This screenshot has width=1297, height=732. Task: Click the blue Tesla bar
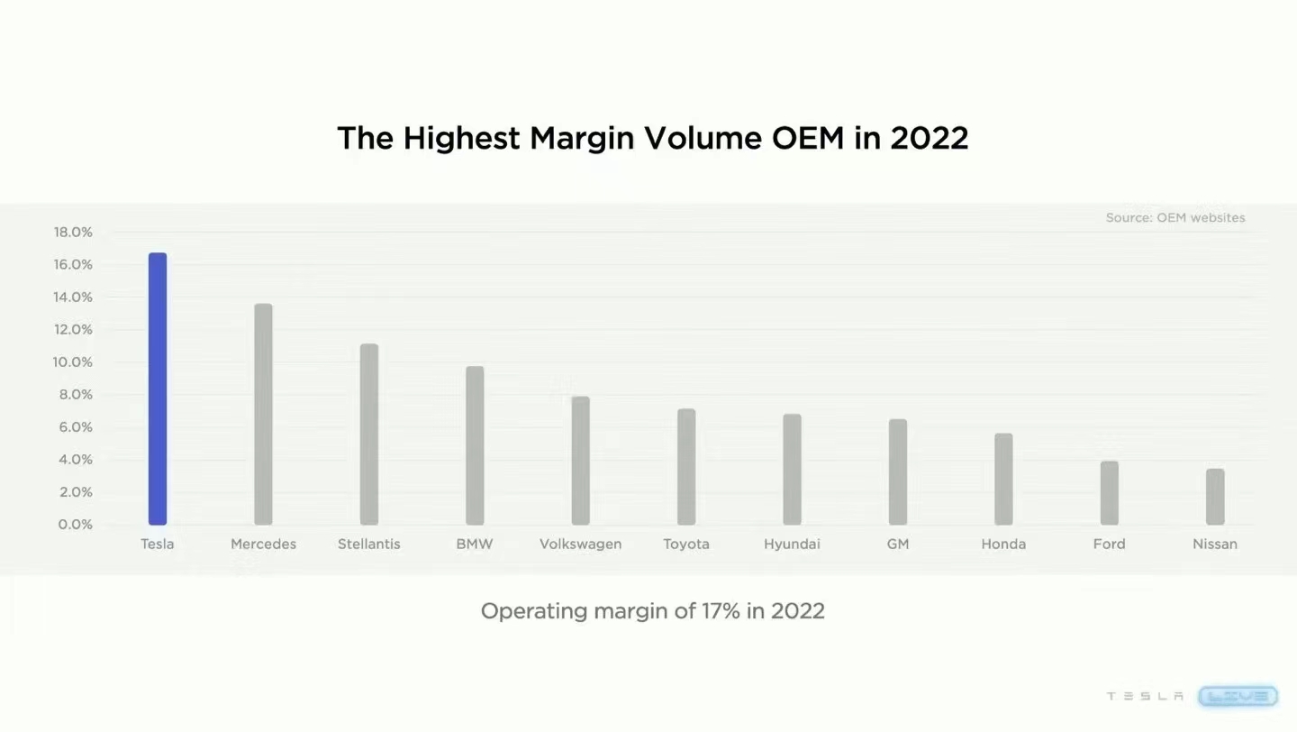point(158,389)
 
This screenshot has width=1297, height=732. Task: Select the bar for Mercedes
point(263,414)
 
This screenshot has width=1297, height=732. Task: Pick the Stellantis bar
point(369,434)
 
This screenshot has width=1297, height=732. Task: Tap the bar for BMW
point(475,445)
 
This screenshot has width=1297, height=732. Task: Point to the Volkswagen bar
point(581,461)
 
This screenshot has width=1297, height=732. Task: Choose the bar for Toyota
point(686,467)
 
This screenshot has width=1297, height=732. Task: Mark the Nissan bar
point(1215,497)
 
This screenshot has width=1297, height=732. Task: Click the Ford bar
point(1110,493)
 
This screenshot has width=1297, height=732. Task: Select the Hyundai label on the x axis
point(792,544)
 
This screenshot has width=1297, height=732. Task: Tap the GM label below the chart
point(898,544)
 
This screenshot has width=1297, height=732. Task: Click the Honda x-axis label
point(1003,544)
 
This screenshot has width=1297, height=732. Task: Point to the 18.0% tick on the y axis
point(73,233)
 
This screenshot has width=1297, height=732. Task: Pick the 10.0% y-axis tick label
point(73,362)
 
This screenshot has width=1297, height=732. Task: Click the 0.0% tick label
point(76,525)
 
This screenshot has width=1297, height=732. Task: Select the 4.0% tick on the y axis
point(75,460)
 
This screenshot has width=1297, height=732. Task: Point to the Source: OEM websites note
point(1175,218)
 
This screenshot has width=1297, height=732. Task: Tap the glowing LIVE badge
point(1238,696)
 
